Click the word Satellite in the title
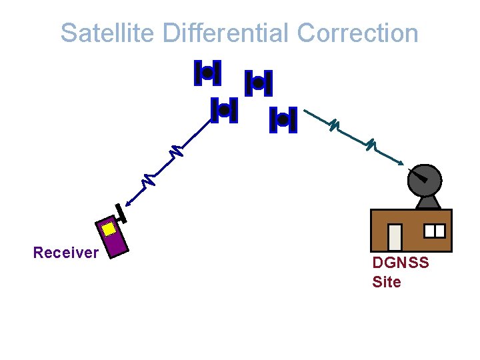tap(106, 33)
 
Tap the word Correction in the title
tap(358, 33)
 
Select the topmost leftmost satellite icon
tap(207, 73)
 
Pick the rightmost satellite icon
tap(283, 120)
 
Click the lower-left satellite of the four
tap(224, 109)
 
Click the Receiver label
tap(66, 253)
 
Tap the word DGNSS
tap(401, 263)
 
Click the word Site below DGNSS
tap(387, 282)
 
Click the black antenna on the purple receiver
tap(121, 213)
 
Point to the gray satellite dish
tap(425, 178)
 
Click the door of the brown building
tap(395, 237)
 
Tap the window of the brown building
tap(435, 231)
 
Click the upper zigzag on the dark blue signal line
tap(175, 151)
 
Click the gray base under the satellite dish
tap(425, 202)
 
